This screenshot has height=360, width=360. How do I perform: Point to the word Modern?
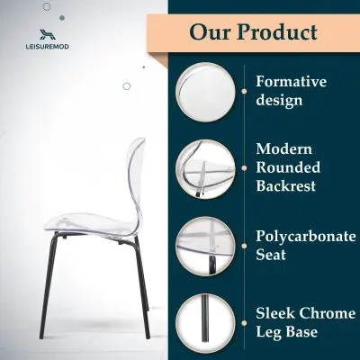[283, 148]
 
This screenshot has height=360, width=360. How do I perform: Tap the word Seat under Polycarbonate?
[271, 256]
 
